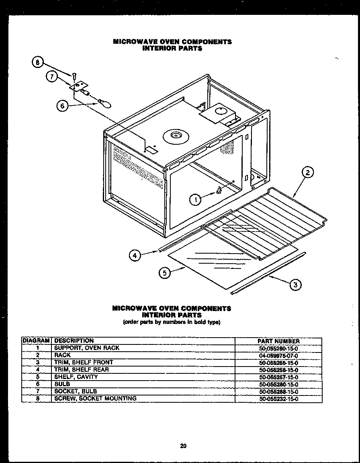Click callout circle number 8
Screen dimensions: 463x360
37,62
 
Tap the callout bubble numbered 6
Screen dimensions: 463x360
62,107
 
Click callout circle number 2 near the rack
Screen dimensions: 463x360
307,173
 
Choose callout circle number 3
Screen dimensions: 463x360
295,285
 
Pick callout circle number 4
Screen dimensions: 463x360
135,255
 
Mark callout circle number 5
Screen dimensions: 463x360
164,273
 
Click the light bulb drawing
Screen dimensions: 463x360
106,103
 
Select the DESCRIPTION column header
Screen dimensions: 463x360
74,341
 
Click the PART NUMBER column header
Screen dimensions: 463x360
278,341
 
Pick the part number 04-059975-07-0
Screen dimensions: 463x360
278,355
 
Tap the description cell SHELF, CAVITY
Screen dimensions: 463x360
76,377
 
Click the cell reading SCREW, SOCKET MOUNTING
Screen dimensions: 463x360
95,398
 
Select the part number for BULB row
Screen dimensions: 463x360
278,384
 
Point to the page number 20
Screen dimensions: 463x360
183,446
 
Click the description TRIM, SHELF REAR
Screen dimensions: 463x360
82,370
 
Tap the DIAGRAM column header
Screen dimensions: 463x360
37,341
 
